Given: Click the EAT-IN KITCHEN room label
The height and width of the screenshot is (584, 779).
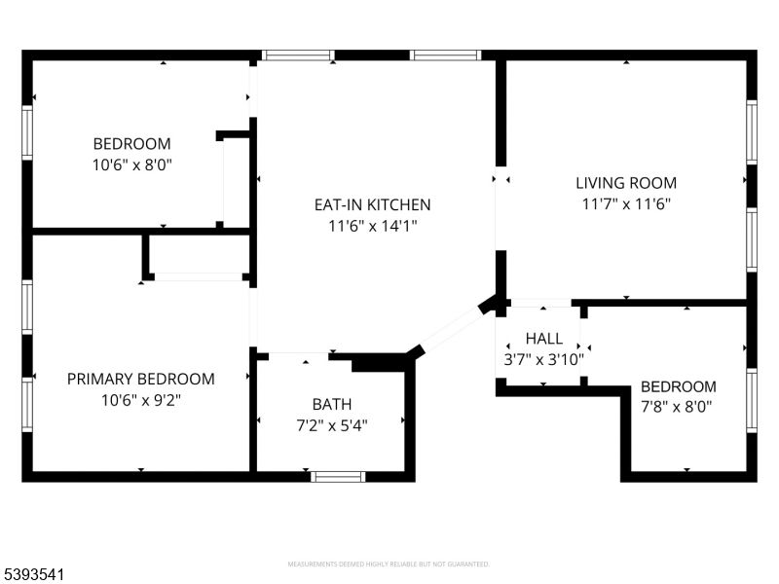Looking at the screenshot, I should pos(372,204).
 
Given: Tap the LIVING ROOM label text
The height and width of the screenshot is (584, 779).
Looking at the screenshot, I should pos(625,182).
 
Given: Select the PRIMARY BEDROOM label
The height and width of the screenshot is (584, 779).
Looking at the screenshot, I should pos(140,379).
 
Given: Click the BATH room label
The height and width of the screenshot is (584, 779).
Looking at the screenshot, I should pos(332,404).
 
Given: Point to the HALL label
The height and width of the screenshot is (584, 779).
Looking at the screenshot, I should pos(543,339).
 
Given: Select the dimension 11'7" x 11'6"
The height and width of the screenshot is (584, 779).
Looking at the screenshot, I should pos(625,203).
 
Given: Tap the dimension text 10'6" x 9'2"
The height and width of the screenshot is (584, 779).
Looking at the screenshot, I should pos(140,400).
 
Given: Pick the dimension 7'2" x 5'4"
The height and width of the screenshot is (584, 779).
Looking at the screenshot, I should pos(332,424).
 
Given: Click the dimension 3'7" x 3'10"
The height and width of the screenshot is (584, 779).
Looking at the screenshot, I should pos(543,359).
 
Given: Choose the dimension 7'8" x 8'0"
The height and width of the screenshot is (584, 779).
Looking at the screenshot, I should pos(677,407).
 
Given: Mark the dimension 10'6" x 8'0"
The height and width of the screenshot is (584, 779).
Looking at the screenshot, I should pos(131,164).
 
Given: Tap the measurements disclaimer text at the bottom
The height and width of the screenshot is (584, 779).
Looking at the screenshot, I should pos(389,565).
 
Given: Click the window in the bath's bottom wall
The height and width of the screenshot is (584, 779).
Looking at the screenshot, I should pos(338,477).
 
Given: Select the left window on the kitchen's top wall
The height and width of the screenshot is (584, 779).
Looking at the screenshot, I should pos(297,55).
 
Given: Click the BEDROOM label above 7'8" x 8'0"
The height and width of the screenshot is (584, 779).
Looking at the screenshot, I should pos(678,386).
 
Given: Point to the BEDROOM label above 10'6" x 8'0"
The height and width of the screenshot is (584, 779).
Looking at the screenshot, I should pos(131,143).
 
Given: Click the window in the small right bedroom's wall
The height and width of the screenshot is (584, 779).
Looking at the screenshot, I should pos(751,400).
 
